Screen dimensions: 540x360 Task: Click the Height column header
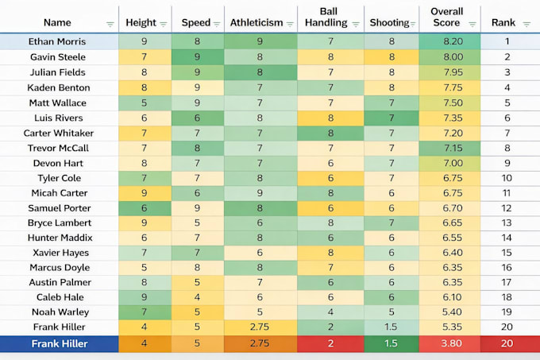pyautogui.click(x=141, y=23)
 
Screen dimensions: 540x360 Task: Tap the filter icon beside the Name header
pyautogui.click(x=110, y=24)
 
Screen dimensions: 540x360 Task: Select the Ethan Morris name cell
pyautogui.click(x=57, y=41)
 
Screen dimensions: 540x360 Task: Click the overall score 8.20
pyautogui.click(x=449, y=41)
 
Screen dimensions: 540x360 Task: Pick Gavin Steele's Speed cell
pyautogui.click(x=198, y=57)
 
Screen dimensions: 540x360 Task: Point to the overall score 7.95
pyautogui.click(x=449, y=72)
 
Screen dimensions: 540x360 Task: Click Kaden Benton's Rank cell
pyautogui.click(x=507, y=87)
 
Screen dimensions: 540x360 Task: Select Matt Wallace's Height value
pyautogui.click(x=144, y=103)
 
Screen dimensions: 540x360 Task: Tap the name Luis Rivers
pyautogui.click(x=59, y=118)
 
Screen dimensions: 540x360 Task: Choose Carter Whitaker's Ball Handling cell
pyautogui.click(x=330, y=133)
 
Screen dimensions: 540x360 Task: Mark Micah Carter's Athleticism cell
pyautogui.click(x=260, y=193)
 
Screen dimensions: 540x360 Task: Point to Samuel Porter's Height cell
pyautogui.click(x=145, y=208)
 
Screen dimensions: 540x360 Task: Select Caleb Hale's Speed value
pyautogui.click(x=197, y=297)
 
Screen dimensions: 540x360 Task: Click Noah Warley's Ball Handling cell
pyautogui.click(x=330, y=312)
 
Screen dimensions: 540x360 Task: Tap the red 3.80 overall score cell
pyautogui.click(x=449, y=343)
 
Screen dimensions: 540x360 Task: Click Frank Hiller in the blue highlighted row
pyautogui.click(x=60, y=343)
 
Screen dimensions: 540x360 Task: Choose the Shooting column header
pyautogui.click(x=389, y=23)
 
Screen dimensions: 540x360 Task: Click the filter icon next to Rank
pyautogui.click(x=526, y=24)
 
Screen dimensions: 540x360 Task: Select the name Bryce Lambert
pyautogui.click(x=60, y=223)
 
